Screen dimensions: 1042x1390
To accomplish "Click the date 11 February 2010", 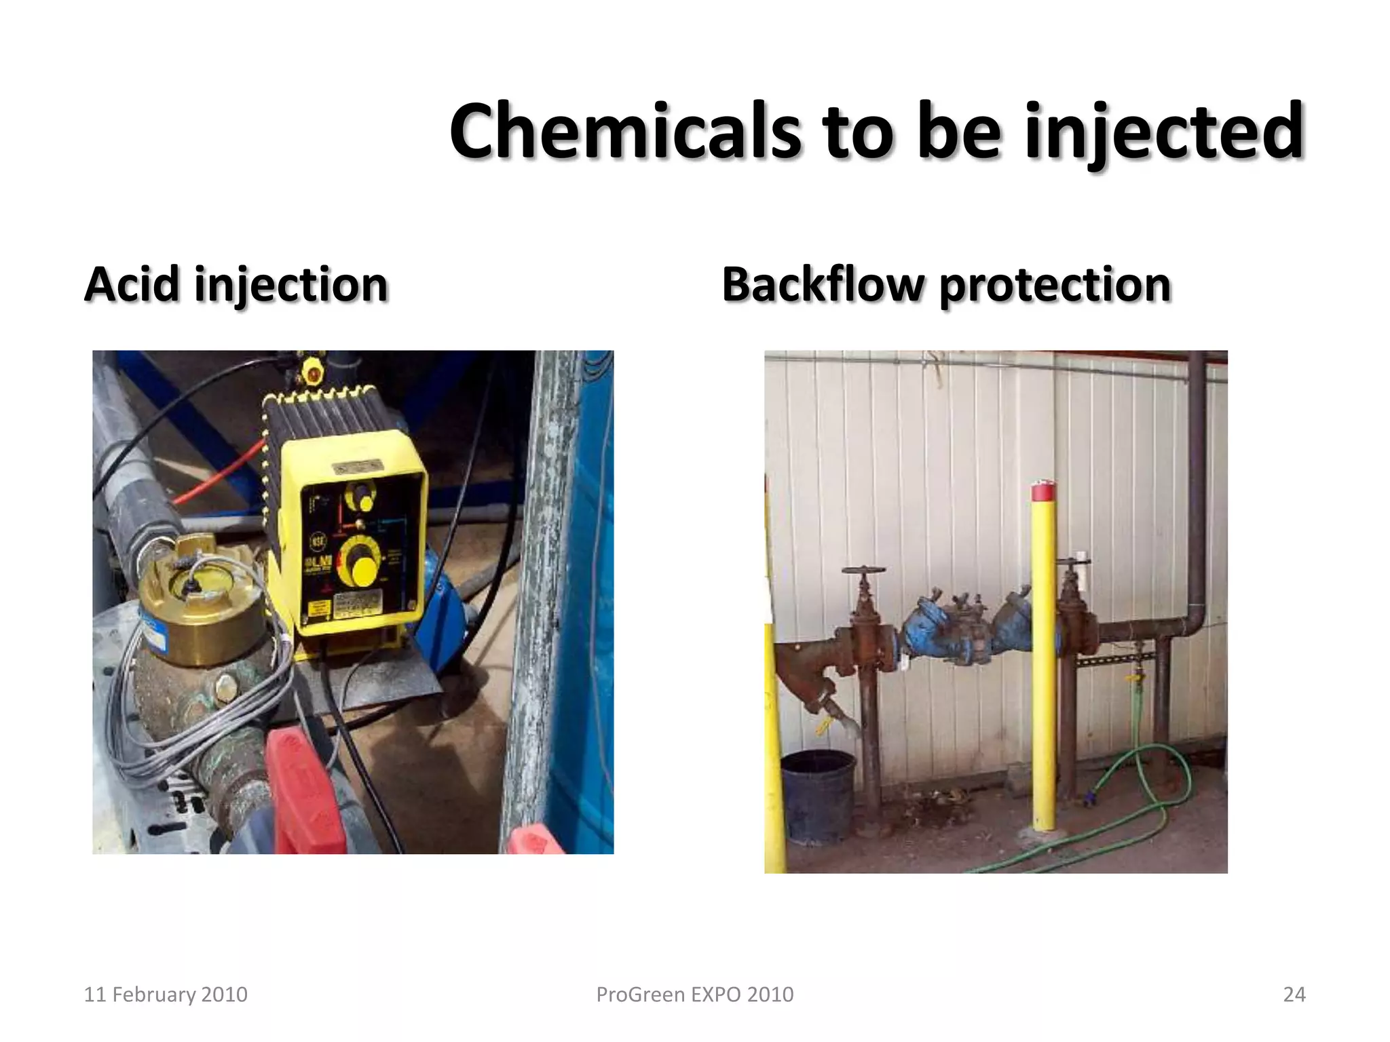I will (x=165, y=995).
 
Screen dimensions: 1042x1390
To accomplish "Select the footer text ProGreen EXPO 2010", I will (x=694, y=995).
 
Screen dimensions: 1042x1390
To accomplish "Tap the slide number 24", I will (x=1294, y=995).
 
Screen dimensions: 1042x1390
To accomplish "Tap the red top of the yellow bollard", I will (x=1043, y=490).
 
